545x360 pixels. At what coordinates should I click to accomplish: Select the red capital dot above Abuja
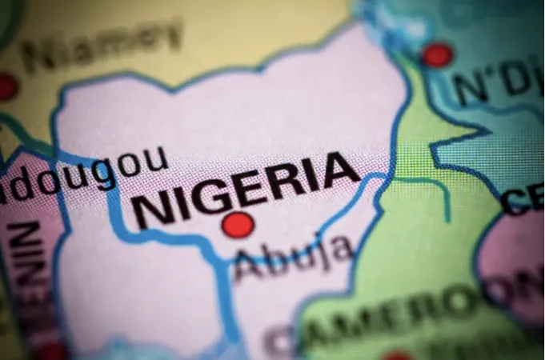[x=238, y=225]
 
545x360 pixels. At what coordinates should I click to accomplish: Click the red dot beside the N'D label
[x=437, y=54]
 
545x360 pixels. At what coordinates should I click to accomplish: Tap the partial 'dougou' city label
[x=84, y=174]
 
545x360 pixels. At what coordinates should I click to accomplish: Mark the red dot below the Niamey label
[x=6, y=86]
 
